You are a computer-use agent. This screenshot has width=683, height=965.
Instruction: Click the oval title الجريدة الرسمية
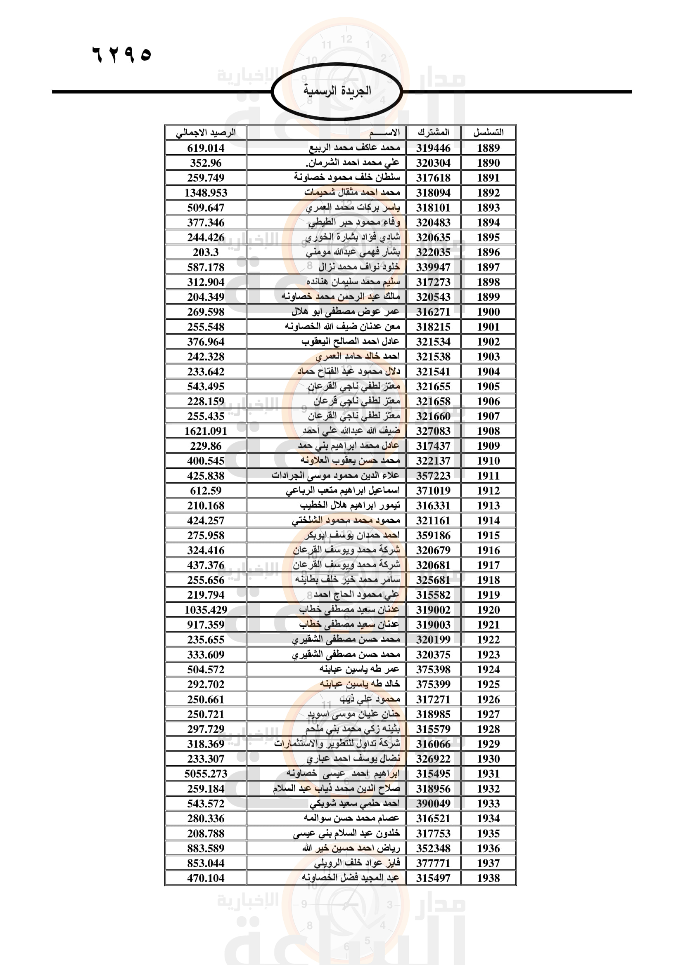(337, 91)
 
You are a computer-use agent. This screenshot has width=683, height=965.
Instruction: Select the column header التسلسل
(488, 133)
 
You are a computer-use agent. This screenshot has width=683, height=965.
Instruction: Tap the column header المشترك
(433, 133)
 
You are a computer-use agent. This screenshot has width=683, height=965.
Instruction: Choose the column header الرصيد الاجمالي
(206, 133)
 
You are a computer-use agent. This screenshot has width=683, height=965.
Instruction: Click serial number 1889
(488, 148)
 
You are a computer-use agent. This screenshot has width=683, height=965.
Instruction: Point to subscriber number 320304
(433, 163)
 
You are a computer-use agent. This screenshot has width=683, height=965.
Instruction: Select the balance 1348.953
(206, 193)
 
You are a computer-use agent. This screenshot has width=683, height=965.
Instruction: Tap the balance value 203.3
(206, 252)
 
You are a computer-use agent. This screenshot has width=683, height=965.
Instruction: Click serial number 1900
(488, 312)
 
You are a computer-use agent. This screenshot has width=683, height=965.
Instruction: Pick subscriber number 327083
(433, 431)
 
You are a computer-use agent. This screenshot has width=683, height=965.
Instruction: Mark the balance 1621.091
(206, 431)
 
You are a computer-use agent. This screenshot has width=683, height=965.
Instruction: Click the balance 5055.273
(206, 774)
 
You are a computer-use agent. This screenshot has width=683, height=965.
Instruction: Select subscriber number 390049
(433, 804)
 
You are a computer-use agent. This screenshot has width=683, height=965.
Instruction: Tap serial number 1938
(488, 878)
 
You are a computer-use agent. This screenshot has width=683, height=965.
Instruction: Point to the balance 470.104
(206, 878)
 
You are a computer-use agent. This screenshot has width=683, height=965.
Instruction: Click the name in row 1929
(337, 744)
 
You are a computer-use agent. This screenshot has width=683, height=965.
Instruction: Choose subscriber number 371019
(433, 491)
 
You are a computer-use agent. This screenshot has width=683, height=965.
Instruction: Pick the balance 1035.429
(206, 610)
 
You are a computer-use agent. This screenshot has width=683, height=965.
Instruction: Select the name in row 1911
(335, 476)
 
